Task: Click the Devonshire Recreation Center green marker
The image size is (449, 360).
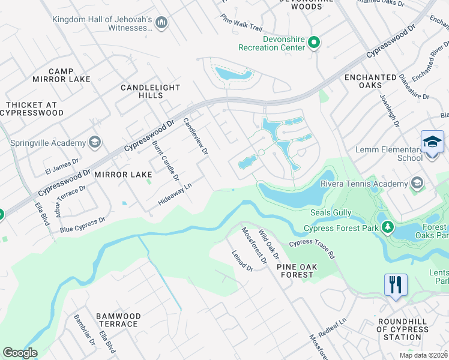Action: pos(314,43)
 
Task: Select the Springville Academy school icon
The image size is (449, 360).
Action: pos(94,142)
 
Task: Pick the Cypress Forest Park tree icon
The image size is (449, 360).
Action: pos(388,227)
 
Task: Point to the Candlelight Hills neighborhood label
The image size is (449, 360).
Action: pos(150,91)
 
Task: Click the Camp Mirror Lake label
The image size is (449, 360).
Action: pos(61,76)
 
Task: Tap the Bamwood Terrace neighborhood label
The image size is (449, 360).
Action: pos(118,320)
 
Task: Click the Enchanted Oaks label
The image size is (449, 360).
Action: pos(370,82)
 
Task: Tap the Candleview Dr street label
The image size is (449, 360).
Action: pos(195,135)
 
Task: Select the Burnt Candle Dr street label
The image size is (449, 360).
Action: pos(165,160)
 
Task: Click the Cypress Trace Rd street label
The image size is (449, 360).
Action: pos(312,248)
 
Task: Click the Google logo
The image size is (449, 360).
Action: pos(20,353)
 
